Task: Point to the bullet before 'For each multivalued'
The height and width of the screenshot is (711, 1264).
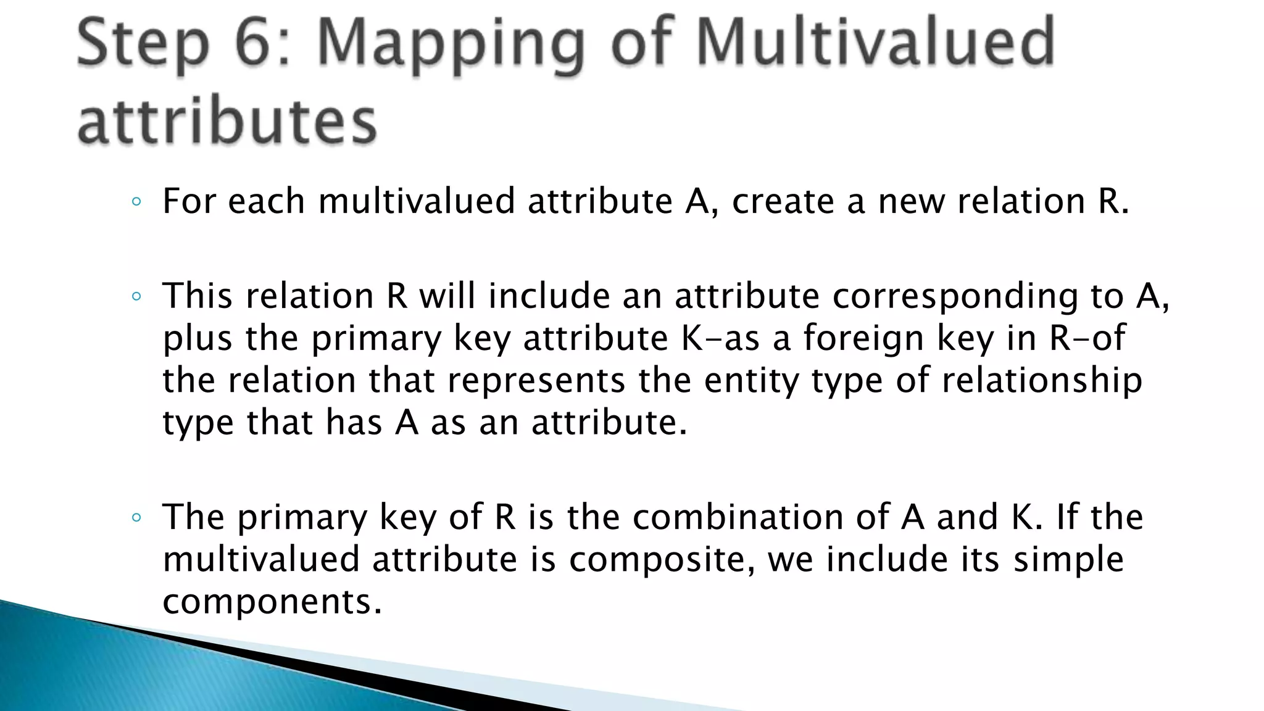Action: pos(136,202)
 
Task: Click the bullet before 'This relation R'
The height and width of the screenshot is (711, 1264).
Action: pos(136,297)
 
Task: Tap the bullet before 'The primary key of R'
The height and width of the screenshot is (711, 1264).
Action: pos(136,518)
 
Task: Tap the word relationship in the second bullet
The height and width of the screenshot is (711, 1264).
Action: pos(1042,381)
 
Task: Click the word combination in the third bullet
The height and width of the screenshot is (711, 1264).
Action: pos(738,517)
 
